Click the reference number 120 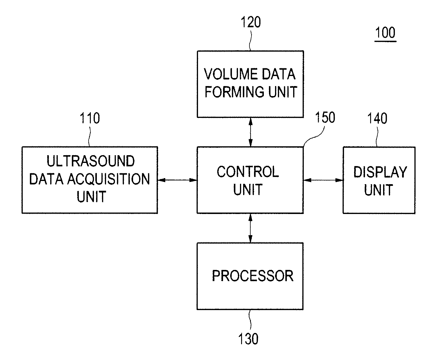coord(251,22)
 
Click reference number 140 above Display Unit coord(377,118)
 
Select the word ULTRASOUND coord(91,161)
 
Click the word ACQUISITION coord(109,179)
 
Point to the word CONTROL coord(248,172)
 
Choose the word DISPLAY coord(380,172)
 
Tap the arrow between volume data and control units coord(250,132)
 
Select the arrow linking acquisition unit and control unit coord(177,180)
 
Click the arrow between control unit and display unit coord(323,180)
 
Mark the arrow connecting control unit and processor coord(250,228)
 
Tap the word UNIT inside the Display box coord(378,190)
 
